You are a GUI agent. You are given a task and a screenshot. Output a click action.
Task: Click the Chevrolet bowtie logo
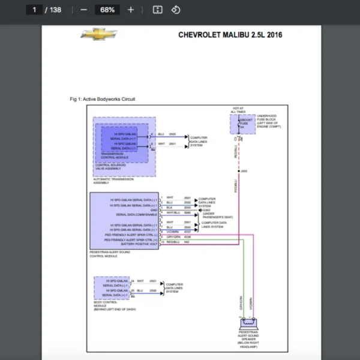click(x=100, y=34)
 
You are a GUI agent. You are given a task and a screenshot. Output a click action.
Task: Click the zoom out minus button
click(x=83, y=10)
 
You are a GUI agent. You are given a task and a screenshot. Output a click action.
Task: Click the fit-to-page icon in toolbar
click(x=158, y=10)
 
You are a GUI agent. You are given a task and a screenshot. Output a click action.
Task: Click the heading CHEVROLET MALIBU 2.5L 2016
click(x=230, y=35)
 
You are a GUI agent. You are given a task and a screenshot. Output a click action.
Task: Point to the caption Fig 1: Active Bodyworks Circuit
click(x=103, y=98)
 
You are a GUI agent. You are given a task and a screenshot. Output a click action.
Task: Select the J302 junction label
click(x=244, y=171)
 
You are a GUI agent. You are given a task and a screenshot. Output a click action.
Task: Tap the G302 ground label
click(x=206, y=209)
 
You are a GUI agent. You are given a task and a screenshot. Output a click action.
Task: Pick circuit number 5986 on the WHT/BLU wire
click(x=187, y=213)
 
